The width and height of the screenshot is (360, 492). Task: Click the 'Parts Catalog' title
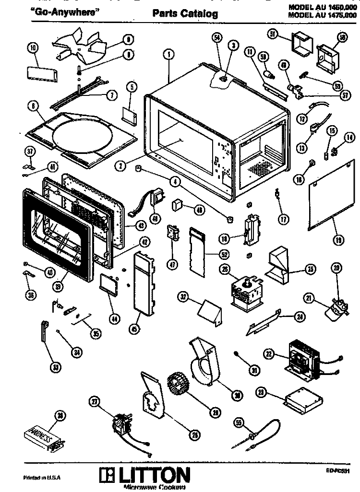(185, 14)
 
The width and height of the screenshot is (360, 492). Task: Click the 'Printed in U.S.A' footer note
(42, 478)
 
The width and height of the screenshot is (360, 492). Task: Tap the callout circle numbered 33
(56, 367)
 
